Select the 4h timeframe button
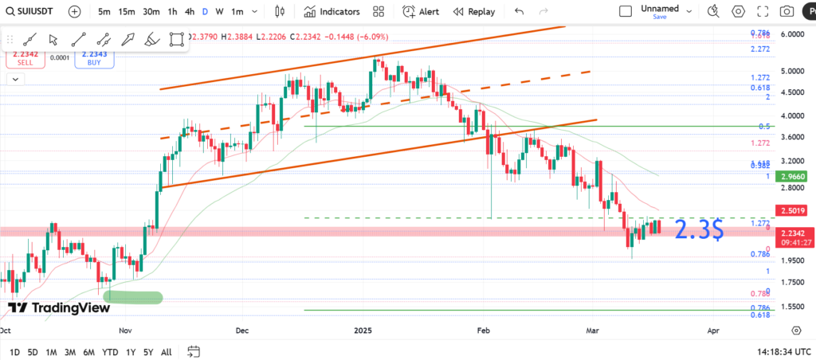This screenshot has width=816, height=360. pyautogui.click(x=189, y=12)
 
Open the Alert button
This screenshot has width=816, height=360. pyautogui.click(x=421, y=12)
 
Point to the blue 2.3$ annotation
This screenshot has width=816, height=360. pyautogui.click(x=699, y=231)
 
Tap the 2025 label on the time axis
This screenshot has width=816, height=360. pyautogui.click(x=363, y=330)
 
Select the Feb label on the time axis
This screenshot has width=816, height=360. pyautogui.click(x=483, y=330)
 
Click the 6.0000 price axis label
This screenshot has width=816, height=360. pyautogui.click(x=791, y=35)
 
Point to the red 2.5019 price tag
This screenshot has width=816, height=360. pyautogui.click(x=790, y=211)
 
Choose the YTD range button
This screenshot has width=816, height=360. pyautogui.click(x=111, y=351)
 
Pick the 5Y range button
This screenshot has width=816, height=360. pyautogui.click(x=148, y=351)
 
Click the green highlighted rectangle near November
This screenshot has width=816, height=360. pyautogui.click(x=132, y=297)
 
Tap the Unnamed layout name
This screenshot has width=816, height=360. pyautogui.click(x=660, y=9)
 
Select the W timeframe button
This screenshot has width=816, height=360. pyautogui.click(x=219, y=12)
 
